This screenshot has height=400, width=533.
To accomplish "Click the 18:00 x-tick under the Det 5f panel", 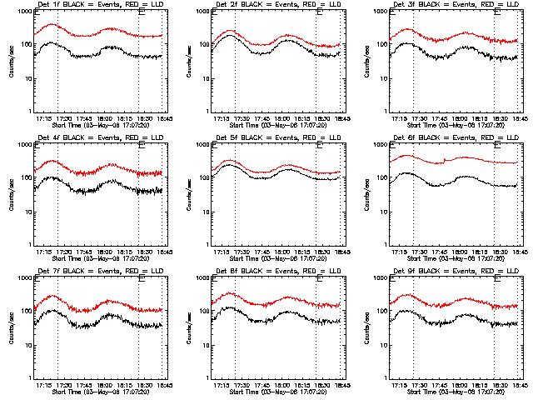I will (281, 250).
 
